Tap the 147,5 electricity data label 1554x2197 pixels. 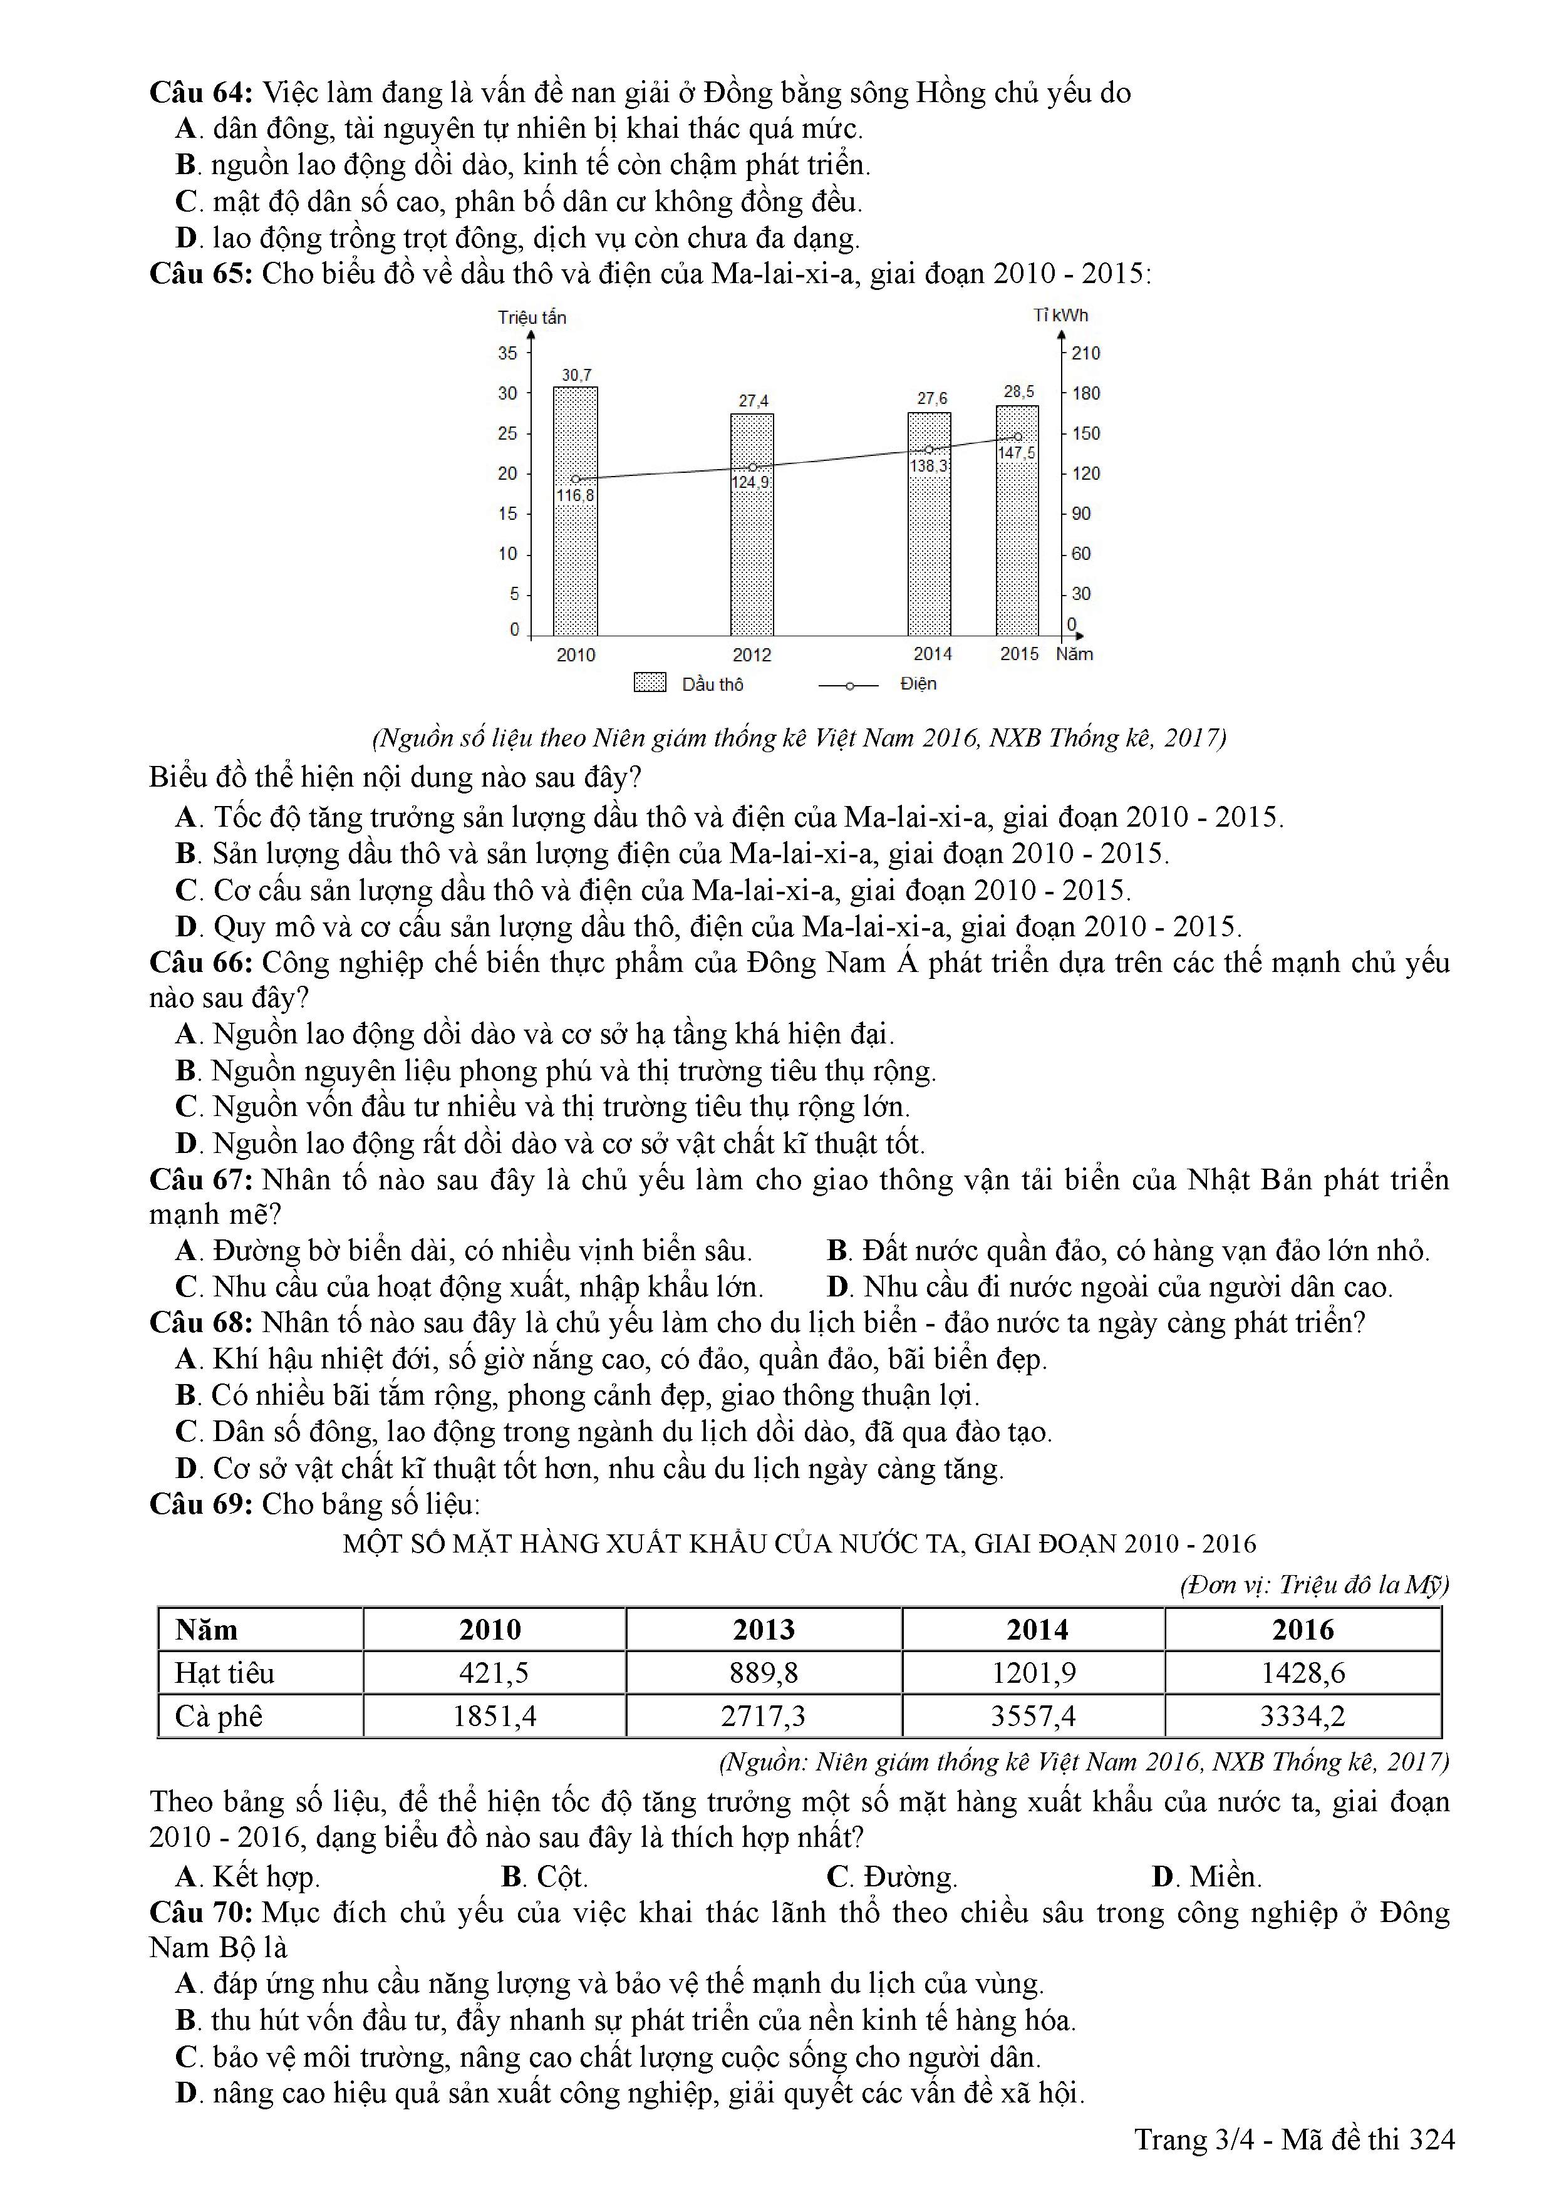point(1016,453)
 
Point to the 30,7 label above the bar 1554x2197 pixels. point(576,375)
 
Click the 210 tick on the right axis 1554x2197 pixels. point(1086,353)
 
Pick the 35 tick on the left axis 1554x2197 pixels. point(507,353)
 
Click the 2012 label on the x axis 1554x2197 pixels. point(752,656)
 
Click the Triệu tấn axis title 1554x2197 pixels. point(532,318)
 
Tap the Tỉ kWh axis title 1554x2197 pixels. point(1060,315)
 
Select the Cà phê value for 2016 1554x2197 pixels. point(1302,1715)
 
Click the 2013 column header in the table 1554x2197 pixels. point(764,1630)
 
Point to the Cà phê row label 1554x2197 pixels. point(218,1715)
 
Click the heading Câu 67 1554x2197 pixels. point(201,1180)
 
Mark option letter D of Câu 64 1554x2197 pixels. point(187,238)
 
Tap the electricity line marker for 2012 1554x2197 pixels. point(752,467)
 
